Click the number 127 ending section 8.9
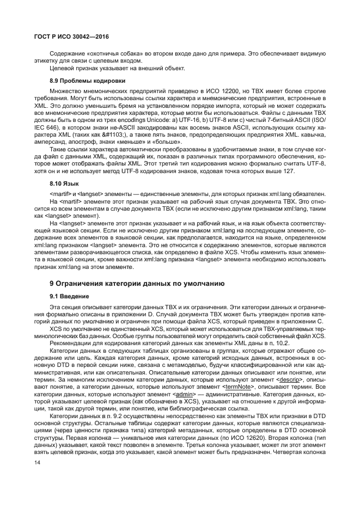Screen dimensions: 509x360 tap(288, 170)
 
